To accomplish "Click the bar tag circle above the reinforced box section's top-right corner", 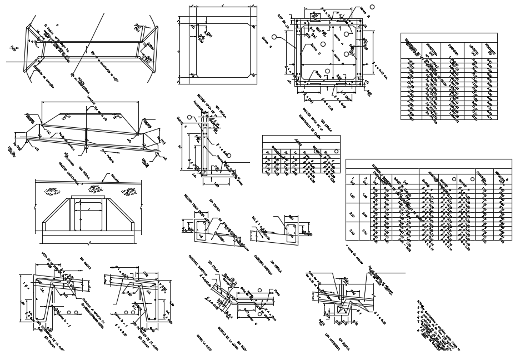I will pos(372,7).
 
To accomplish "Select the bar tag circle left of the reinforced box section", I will pos(274,37).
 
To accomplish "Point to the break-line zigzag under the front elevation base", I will pos(89,243).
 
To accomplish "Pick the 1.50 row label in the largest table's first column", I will pos(352,196).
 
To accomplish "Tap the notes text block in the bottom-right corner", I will pos(439,328).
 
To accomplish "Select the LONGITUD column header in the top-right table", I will pos(473,50).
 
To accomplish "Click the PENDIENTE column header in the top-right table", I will pos(489,50).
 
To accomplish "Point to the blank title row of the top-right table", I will pos(449,37).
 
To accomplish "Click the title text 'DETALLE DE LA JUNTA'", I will pos(225,336).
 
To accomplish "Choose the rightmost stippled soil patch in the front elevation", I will pos(129,192).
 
